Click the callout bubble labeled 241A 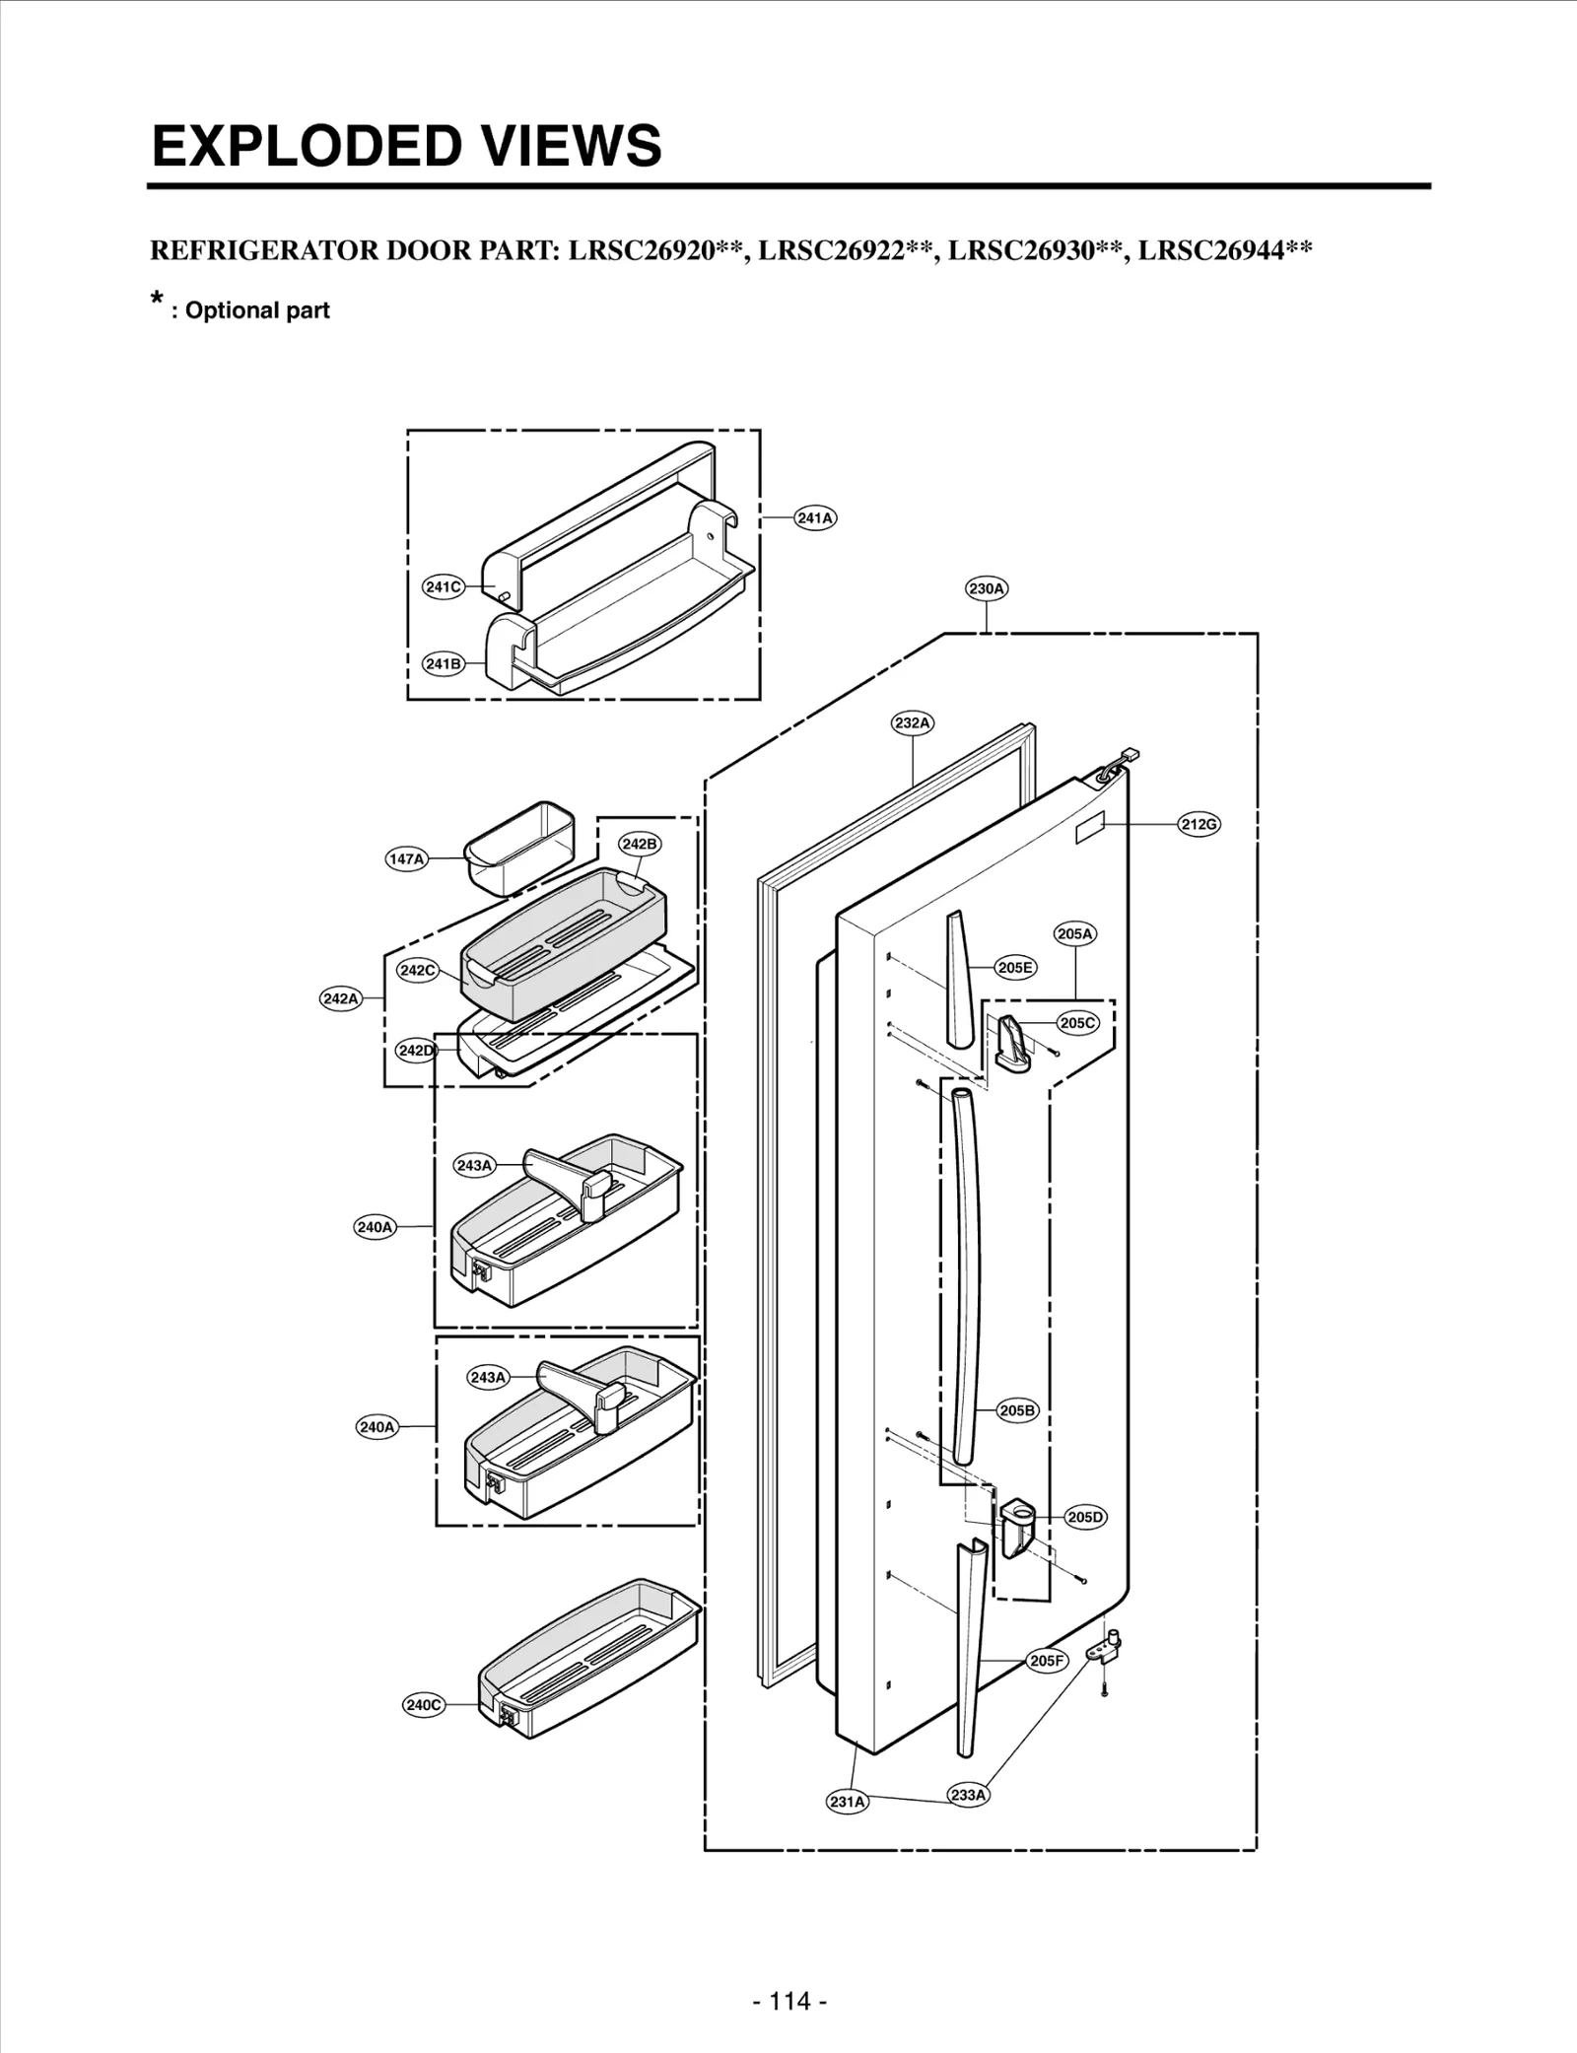pos(815,517)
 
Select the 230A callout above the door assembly pos(987,588)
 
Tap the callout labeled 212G pos(1200,824)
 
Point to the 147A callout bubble pos(406,858)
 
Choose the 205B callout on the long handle pos(1017,1410)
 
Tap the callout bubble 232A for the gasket pos(913,722)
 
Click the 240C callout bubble pos(424,1705)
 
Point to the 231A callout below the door pos(847,1802)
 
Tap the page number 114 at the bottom pos(789,2001)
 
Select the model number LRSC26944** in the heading pos(1225,249)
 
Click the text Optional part pos(257,310)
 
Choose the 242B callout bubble pos(640,844)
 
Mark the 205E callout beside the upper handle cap pos(1015,968)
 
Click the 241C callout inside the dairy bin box pos(443,586)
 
